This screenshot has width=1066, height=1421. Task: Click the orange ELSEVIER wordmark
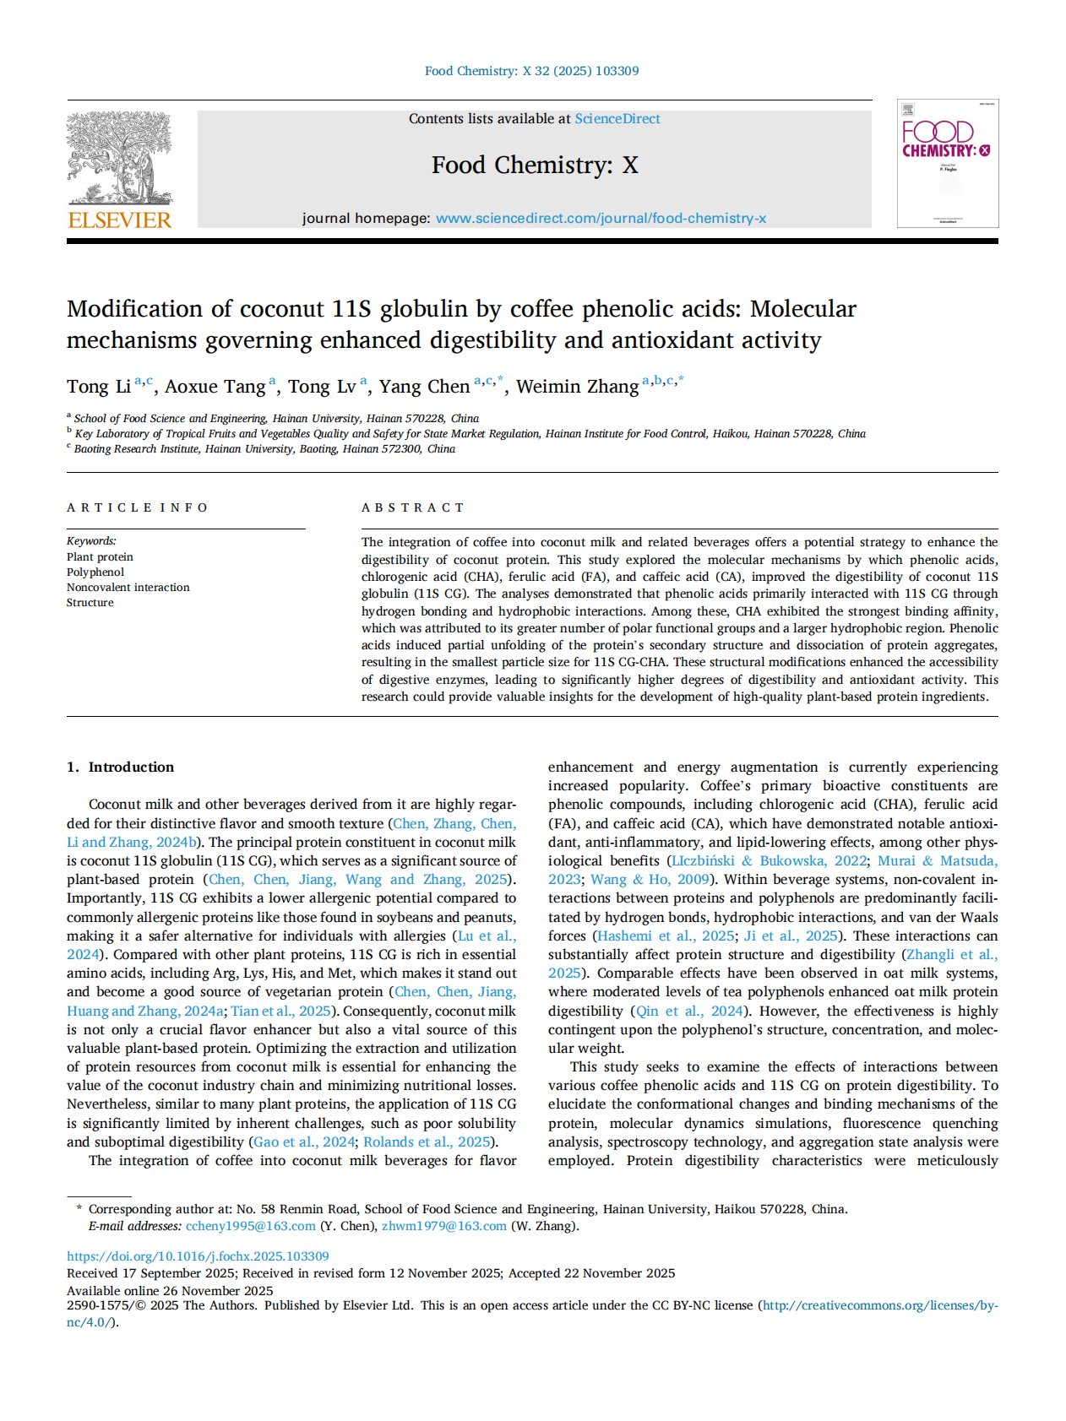(119, 220)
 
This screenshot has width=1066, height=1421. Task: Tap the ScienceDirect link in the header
(617, 119)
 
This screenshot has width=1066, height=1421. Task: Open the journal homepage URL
(601, 219)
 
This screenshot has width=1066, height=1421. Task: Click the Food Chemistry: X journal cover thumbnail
(947, 163)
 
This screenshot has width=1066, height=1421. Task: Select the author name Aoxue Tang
(215, 387)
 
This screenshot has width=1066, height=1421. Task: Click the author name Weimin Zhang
(577, 387)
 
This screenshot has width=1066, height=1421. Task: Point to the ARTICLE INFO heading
(138, 507)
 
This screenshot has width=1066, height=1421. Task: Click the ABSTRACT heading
(413, 507)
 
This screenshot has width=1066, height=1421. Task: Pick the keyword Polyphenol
(95, 572)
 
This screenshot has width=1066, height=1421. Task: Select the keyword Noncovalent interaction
(128, 587)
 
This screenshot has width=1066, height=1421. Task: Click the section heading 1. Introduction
(121, 767)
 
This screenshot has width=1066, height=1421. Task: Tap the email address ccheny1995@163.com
(251, 1226)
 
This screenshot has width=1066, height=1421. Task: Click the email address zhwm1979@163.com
(444, 1226)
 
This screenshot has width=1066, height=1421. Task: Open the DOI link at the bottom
(198, 1256)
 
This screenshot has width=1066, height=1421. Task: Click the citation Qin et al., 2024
(689, 1011)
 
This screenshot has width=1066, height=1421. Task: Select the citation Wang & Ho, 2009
(650, 879)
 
